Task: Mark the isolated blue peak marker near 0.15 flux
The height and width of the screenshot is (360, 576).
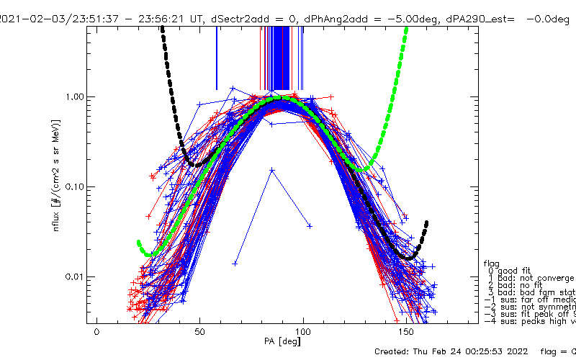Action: [x=271, y=170]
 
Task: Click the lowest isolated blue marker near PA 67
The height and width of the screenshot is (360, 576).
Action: [x=235, y=264]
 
